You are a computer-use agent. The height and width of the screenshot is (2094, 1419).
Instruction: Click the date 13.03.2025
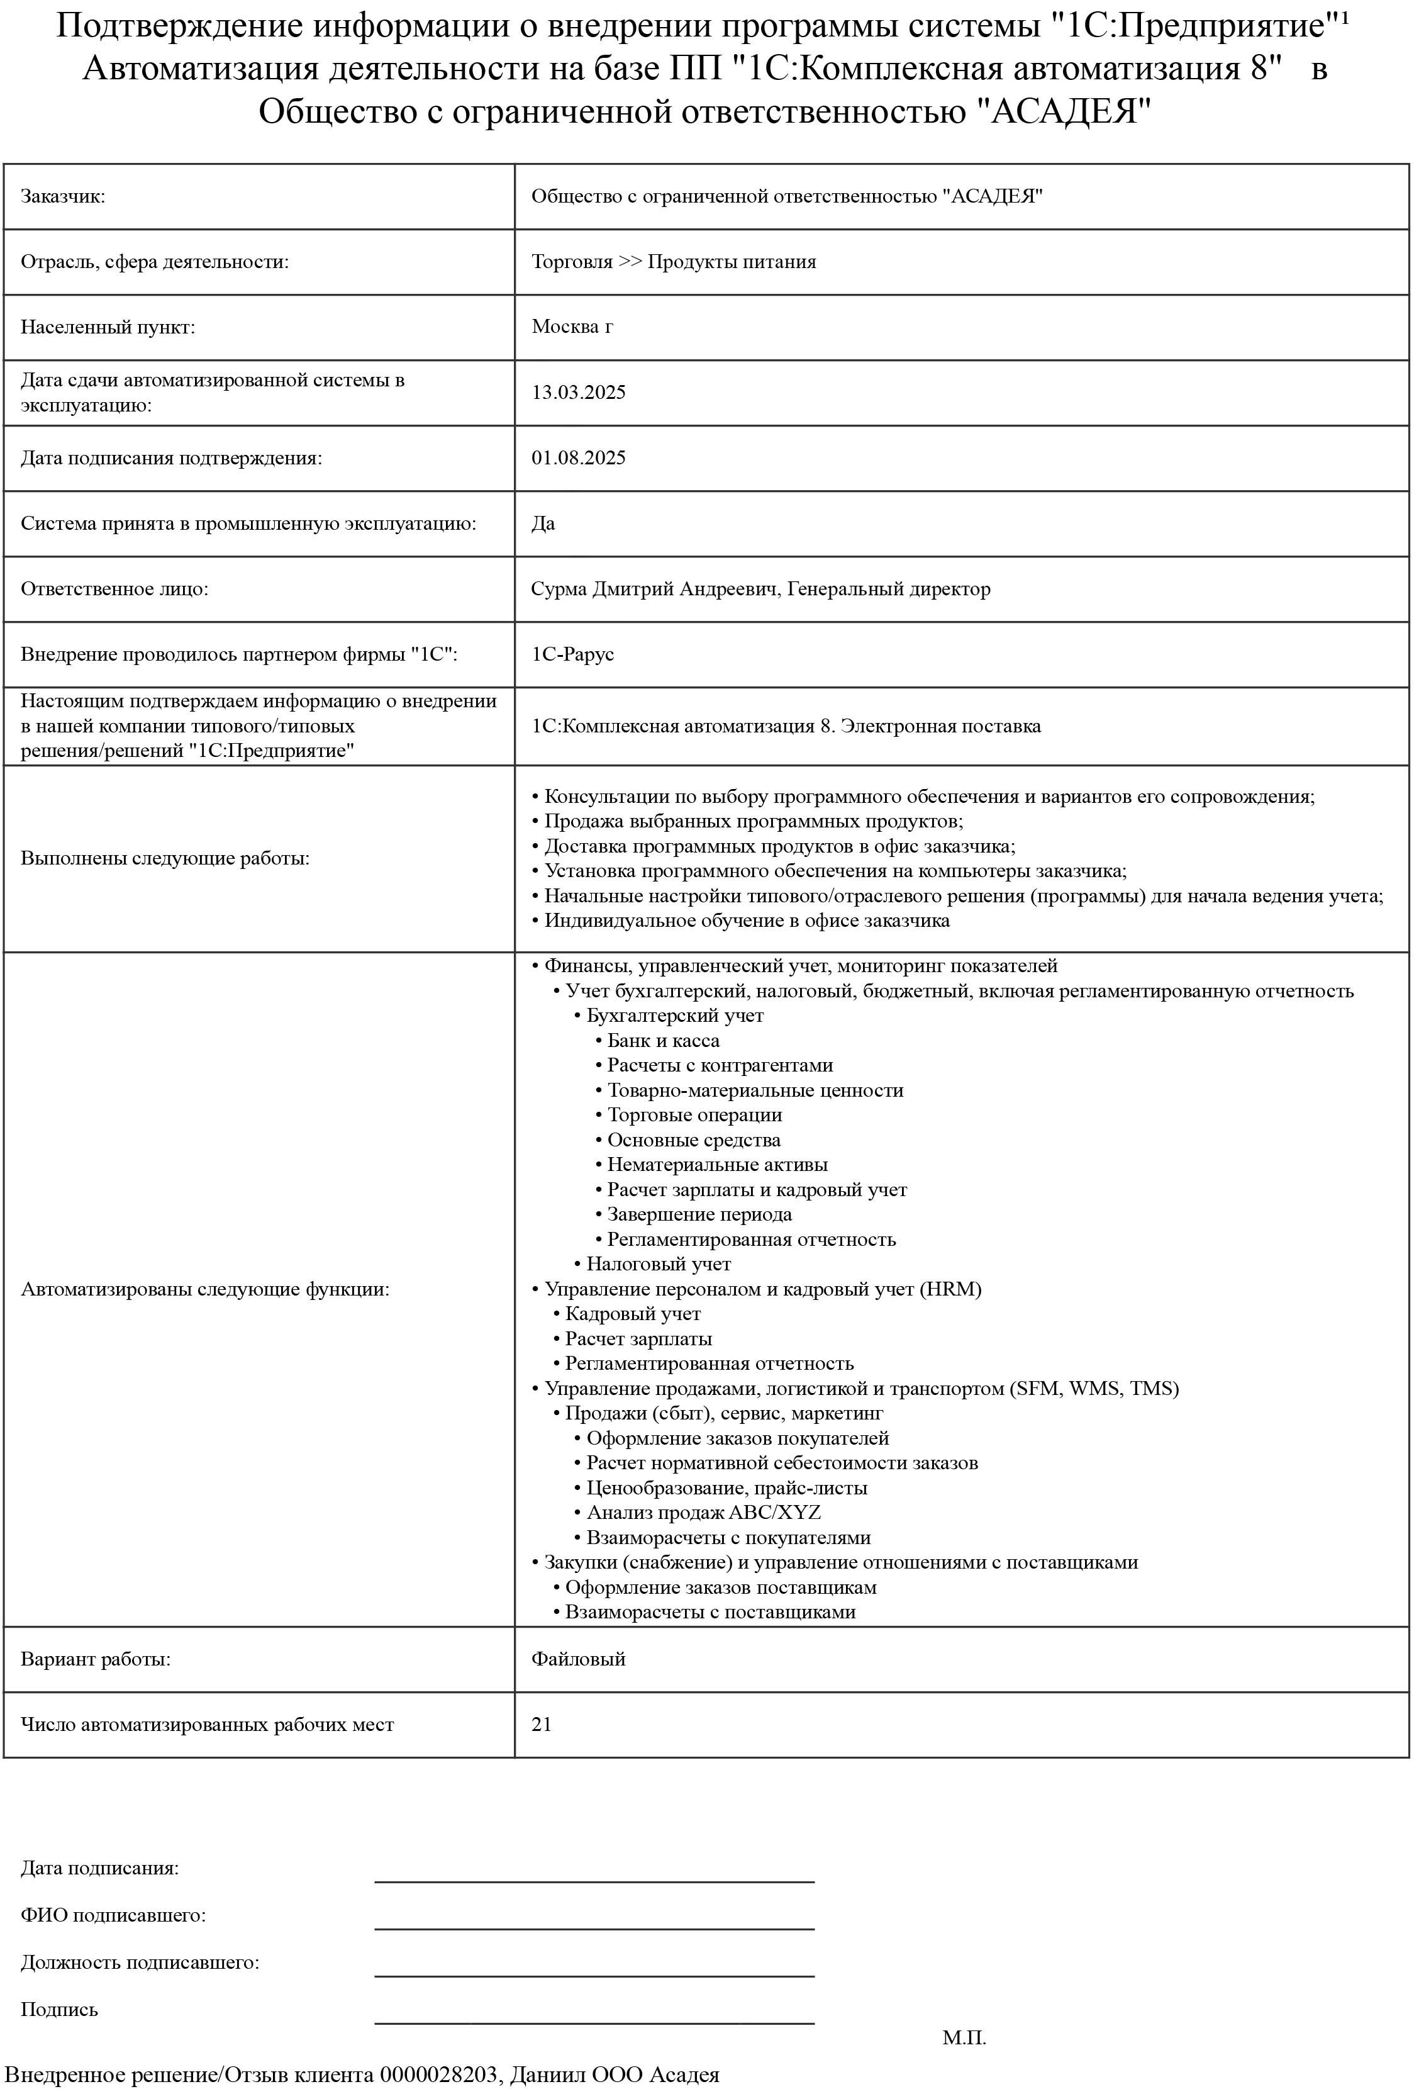[579, 392]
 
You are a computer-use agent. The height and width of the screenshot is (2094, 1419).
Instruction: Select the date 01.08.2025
[579, 457]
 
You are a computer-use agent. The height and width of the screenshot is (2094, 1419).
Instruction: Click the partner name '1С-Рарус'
[573, 654]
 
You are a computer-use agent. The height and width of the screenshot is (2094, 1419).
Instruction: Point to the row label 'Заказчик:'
[63, 196]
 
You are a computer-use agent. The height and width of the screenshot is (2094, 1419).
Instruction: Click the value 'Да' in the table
[543, 523]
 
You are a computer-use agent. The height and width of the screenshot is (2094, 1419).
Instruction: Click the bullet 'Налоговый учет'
[659, 1264]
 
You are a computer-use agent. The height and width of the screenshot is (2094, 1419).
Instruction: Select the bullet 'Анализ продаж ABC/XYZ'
[704, 1512]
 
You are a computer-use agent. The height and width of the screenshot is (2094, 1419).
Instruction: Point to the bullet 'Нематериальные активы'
[717, 1165]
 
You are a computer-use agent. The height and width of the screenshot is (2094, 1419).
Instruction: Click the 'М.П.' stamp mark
[964, 2038]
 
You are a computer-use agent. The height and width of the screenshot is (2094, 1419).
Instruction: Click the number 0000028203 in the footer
[438, 2075]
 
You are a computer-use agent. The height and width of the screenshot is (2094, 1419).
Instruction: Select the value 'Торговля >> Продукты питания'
[674, 262]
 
